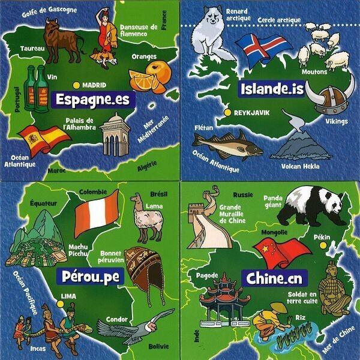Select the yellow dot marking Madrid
pos(76,85)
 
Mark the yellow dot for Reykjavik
pos(227,112)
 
